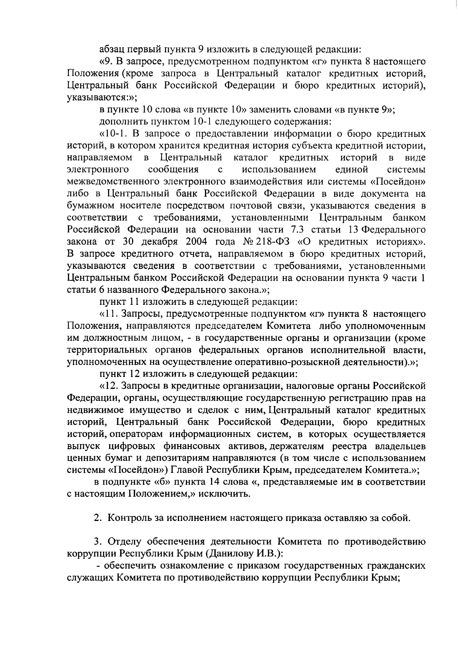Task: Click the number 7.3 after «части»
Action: point(290,230)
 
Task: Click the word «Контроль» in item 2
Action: point(127,518)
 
